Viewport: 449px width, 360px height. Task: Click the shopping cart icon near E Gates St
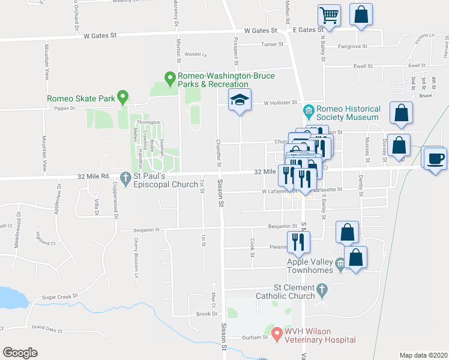pos(329,16)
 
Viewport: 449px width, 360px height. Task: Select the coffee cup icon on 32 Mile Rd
pos(435,158)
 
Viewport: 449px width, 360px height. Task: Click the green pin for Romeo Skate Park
pos(122,96)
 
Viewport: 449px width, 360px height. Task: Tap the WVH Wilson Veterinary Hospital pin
pos(277,332)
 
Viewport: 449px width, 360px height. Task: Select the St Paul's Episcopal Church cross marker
pos(125,178)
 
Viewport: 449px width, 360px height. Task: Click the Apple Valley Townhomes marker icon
pos(340,263)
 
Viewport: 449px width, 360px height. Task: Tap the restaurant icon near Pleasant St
pos(298,241)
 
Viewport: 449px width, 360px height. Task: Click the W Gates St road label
pos(100,35)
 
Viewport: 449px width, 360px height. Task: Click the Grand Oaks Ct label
pos(47,328)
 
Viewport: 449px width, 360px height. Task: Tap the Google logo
pos(20,353)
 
